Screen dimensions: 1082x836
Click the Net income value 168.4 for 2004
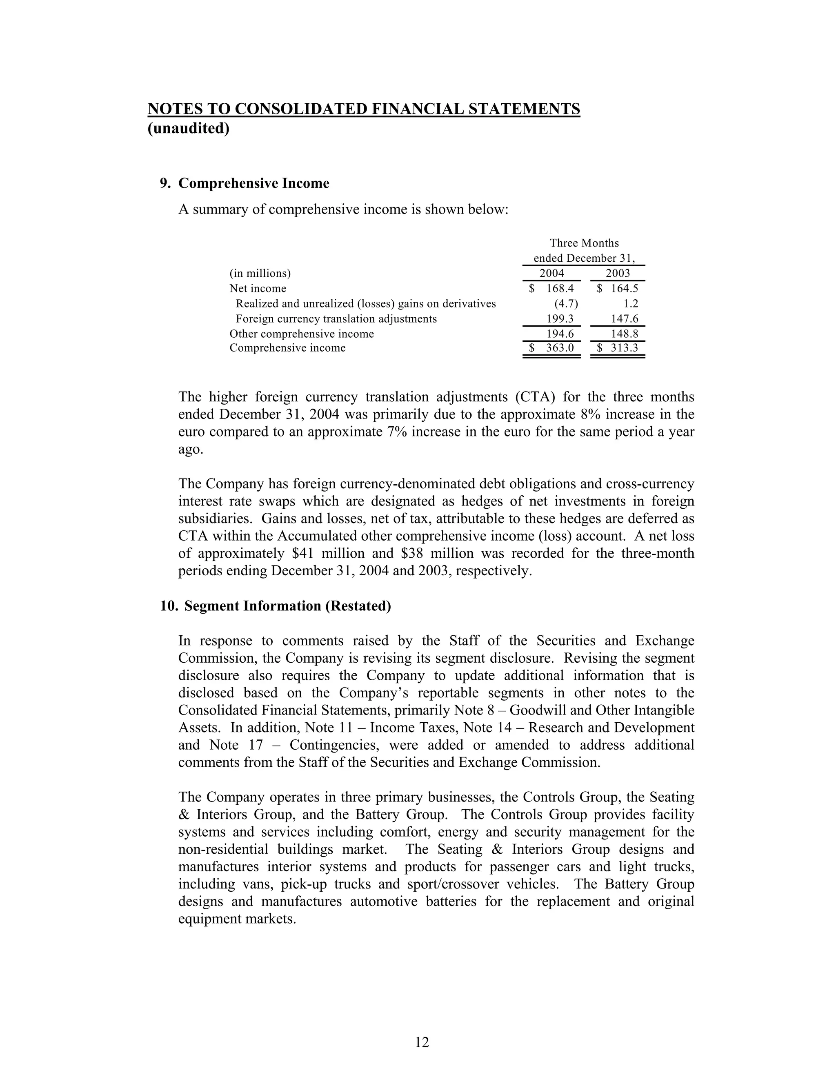(560, 288)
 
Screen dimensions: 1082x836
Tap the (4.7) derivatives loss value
(566, 304)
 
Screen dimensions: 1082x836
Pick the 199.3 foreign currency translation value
(560, 318)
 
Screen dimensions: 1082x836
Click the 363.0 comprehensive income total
(560, 348)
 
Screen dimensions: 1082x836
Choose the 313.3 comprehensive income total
(624, 348)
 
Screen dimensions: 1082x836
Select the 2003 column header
(618, 273)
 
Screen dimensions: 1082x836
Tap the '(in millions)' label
(260, 274)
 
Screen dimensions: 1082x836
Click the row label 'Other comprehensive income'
(302, 334)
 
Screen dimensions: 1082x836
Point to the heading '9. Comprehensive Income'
(245, 184)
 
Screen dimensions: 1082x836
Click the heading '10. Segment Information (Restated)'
(276, 606)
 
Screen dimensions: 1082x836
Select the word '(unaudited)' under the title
(189, 129)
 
